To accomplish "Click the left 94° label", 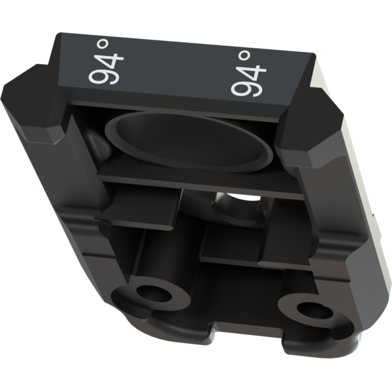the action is pyautogui.click(x=106, y=62).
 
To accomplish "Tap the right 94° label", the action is pyautogui.click(x=248, y=73).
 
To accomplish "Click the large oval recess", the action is pyautogui.click(x=189, y=142).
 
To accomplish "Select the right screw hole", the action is pyautogui.click(x=314, y=310).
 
